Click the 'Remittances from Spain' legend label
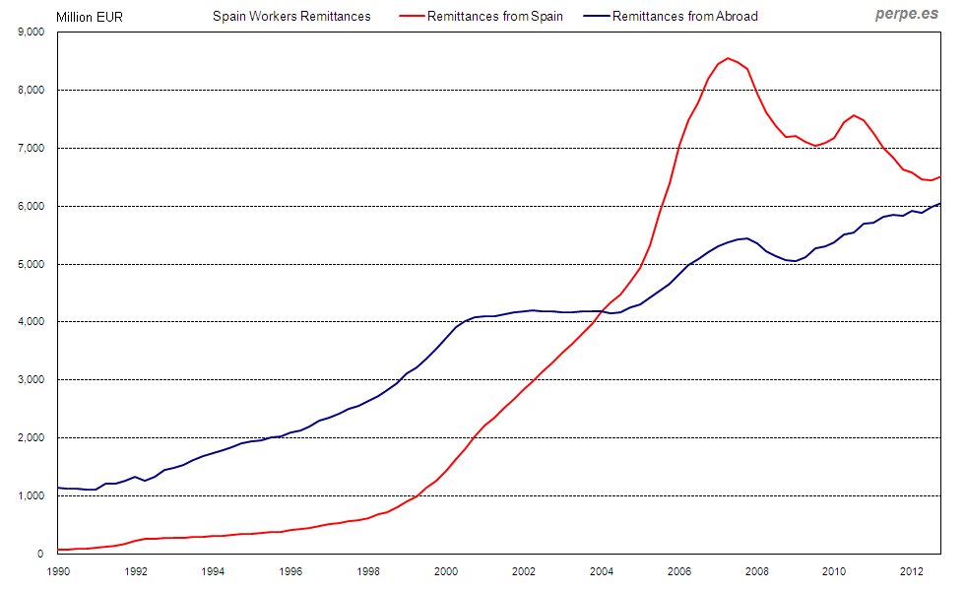(x=495, y=16)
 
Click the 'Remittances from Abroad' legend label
(x=684, y=16)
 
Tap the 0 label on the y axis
(x=42, y=554)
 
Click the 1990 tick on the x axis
(x=59, y=570)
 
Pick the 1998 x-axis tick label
(x=368, y=570)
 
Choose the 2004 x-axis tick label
(x=601, y=570)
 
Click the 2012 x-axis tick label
(x=911, y=570)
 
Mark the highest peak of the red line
(x=728, y=58)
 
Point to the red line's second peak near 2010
(x=854, y=115)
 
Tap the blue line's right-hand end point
(x=940, y=204)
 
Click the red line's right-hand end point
(x=940, y=177)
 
